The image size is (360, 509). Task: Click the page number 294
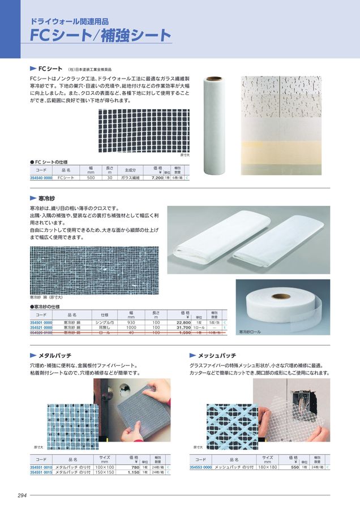point(22,495)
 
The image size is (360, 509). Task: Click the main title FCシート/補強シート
point(101,35)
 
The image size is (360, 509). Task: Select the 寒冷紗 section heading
point(46,199)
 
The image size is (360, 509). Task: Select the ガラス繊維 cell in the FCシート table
point(130,178)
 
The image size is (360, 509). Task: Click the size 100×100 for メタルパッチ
point(104,467)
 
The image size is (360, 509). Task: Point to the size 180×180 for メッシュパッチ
point(267,467)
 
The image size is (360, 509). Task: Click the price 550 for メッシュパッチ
point(294,467)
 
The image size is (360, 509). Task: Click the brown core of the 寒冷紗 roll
point(281,296)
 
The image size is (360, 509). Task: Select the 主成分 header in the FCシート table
point(130,170)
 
